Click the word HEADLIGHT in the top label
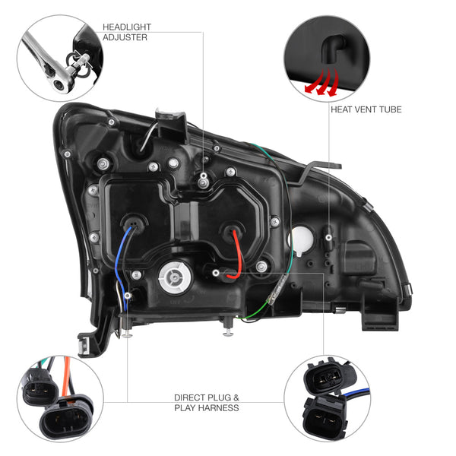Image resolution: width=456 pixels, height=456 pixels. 127,27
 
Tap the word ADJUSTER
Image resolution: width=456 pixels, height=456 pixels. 125,37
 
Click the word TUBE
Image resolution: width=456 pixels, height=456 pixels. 389,109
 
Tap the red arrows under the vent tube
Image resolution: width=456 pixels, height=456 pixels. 321,82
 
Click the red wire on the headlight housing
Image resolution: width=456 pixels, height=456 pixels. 237,256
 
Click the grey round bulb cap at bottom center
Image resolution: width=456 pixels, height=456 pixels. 175,277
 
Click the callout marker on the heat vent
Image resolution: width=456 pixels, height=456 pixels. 329,238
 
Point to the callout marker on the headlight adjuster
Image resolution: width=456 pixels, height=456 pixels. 204,176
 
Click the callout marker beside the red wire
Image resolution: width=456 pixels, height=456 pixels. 216,273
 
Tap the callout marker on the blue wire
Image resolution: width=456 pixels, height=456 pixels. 128,296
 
